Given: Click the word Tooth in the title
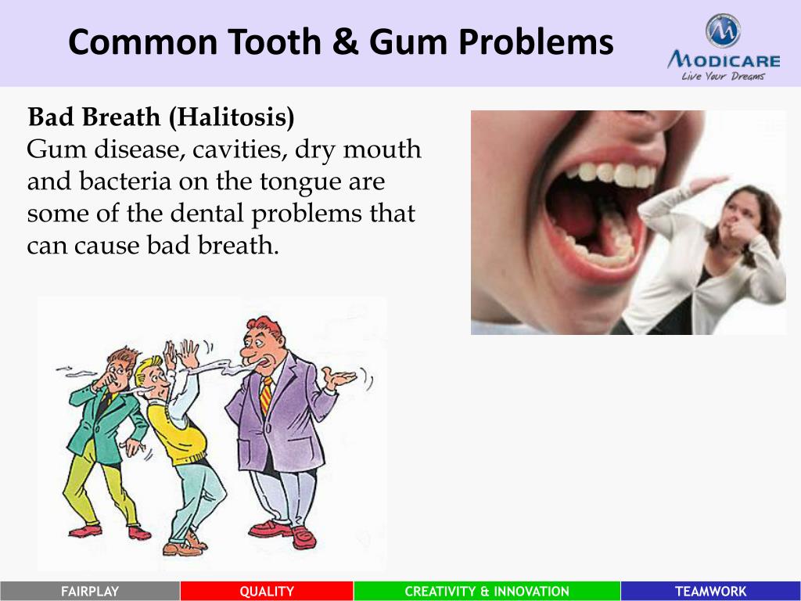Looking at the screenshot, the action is click(x=275, y=42).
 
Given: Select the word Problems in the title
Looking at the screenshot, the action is click(x=536, y=43).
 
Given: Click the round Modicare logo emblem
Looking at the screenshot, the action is click(x=724, y=31).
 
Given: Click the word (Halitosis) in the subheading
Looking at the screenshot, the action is click(x=232, y=117).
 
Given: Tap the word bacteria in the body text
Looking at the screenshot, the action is click(x=125, y=182).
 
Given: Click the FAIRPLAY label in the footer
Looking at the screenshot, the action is click(x=90, y=592).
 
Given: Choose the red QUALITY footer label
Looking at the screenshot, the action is click(x=267, y=592).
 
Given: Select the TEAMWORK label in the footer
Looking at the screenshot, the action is click(x=710, y=592).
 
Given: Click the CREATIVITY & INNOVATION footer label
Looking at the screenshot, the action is click(x=487, y=592).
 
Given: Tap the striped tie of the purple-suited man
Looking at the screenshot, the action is click(x=266, y=395).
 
